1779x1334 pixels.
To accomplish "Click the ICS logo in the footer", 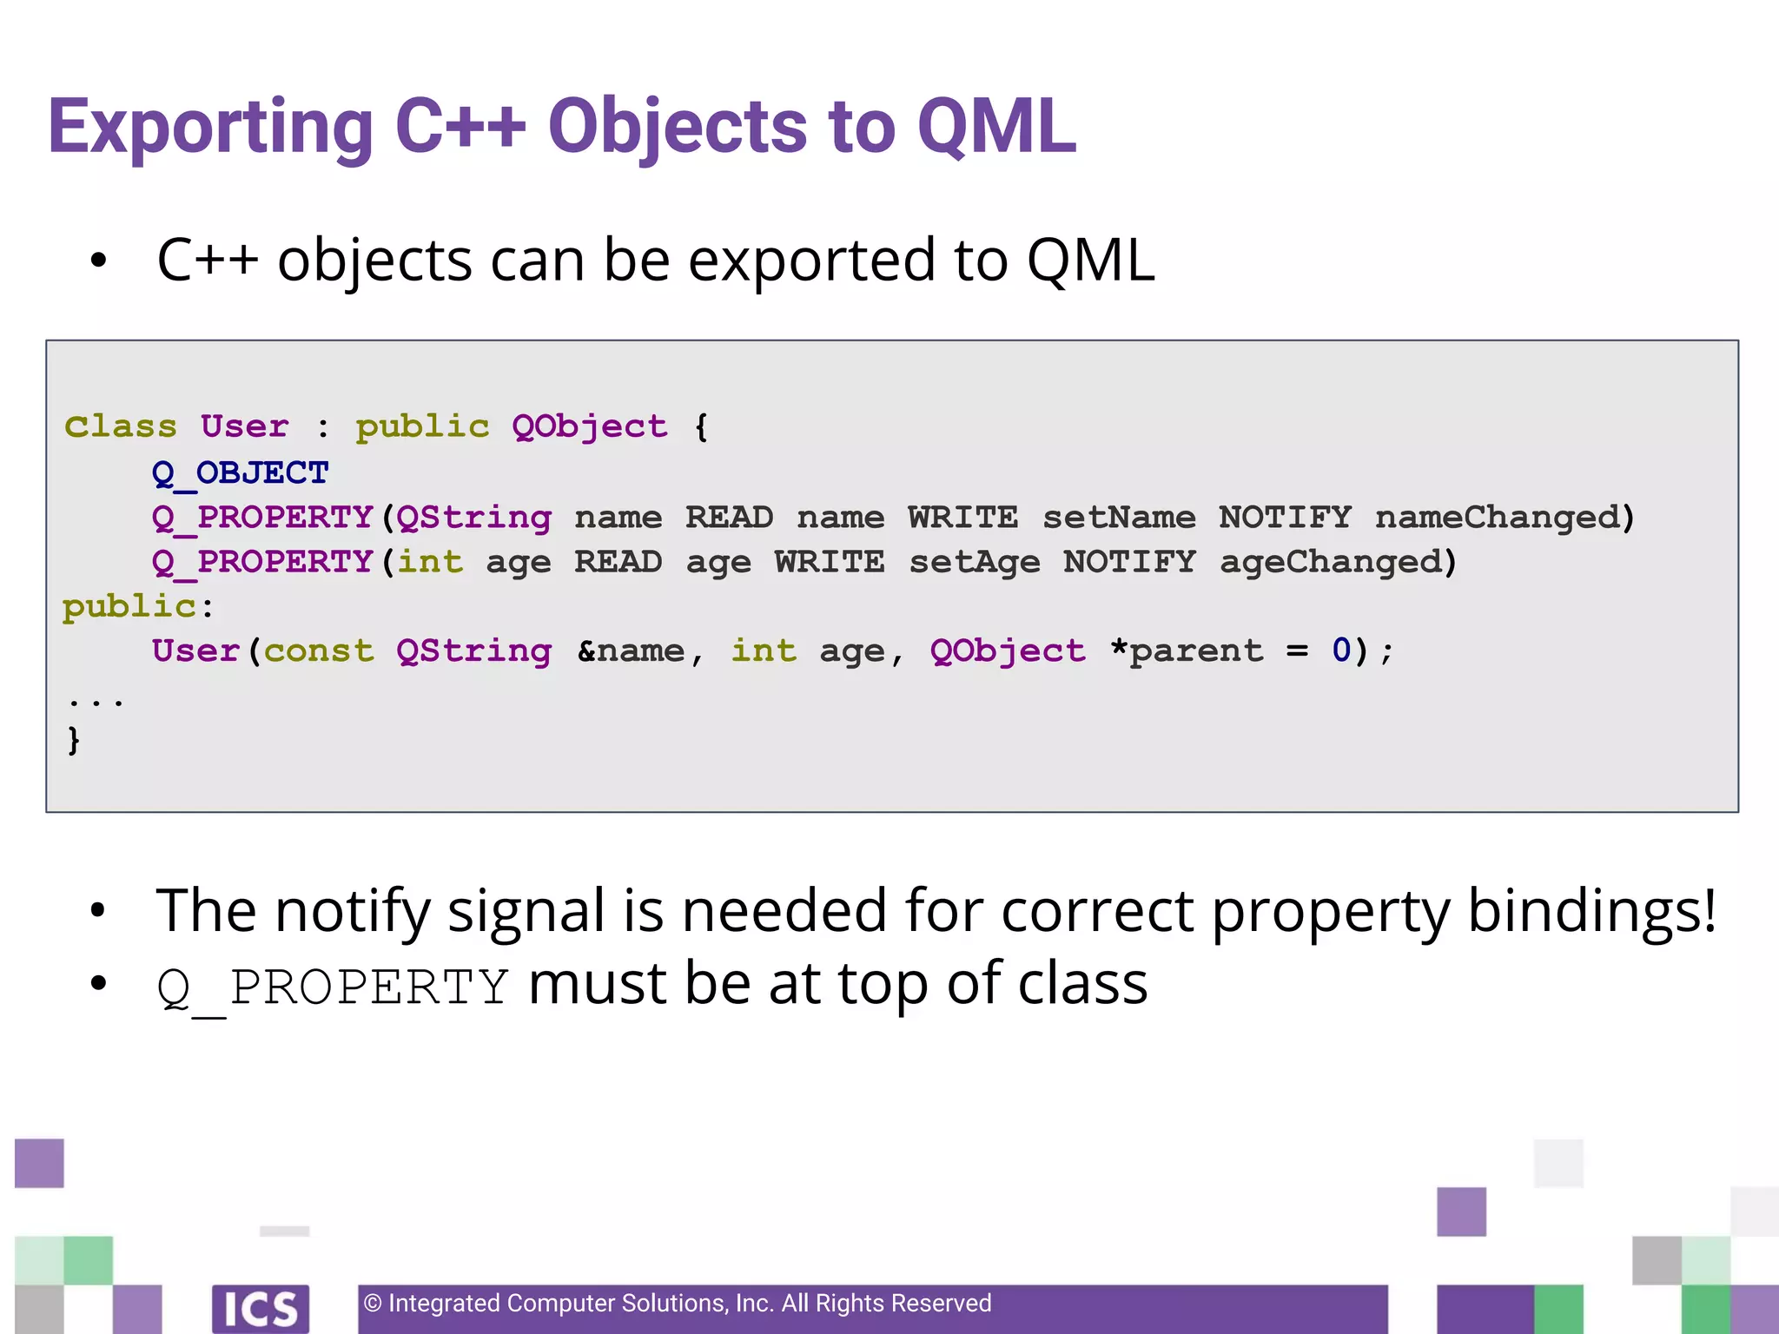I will pyautogui.click(x=261, y=1308).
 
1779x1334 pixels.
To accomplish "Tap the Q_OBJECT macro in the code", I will pyautogui.click(x=241, y=473).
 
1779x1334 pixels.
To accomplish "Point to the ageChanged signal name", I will pyautogui.click(x=1331, y=563).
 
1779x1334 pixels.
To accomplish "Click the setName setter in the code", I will pyautogui.click(x=1119, y=518).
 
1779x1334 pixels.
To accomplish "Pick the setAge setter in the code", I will pyautogui.click(x=975, y=563).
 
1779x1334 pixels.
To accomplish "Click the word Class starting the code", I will pyautogui.click(x=121, y=427).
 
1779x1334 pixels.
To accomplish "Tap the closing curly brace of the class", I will pyautogui.click(x=74, y=740).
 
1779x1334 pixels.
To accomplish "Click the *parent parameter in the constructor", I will pyautogui.click(x=1187, y=651).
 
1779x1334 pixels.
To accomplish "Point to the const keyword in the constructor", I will pyautogui.click(x=319, y=651).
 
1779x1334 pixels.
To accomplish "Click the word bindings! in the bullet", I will pyautogui.click(x=1591, y=912).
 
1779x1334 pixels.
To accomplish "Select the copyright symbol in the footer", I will pyautogui.click(x=373, y=1304).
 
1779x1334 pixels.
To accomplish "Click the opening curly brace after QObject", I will pyautogui.click(x=701, y=427).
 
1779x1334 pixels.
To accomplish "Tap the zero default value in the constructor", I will pyautogui.click(x=1341, y=651).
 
